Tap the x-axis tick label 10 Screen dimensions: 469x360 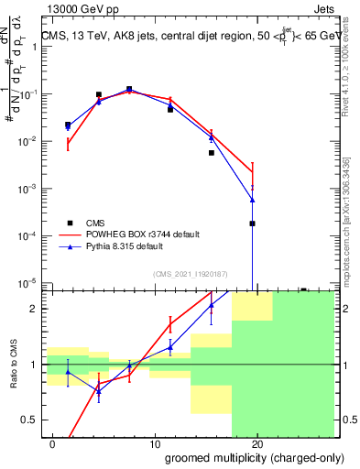click(155, 444)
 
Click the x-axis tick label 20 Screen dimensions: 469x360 click(257, 444)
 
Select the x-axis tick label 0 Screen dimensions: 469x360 click(52, 444)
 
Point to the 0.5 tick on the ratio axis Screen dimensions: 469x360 click(30, 420)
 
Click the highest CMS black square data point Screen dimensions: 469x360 click(129, 90)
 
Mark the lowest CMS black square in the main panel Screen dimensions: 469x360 click(252, 224)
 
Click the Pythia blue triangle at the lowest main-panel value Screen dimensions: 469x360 click(252, 200)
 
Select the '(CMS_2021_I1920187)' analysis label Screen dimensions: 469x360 click(190, 272)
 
